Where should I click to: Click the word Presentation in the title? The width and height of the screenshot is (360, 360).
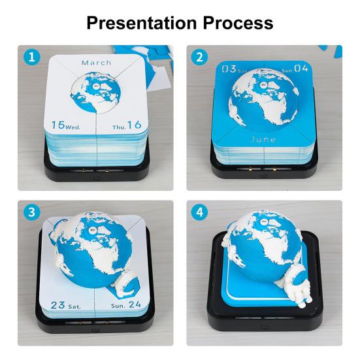[x=142, y=23]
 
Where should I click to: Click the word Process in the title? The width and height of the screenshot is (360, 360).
[x=238, y=23]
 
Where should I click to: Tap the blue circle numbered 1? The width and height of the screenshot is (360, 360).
[x=32, y=57]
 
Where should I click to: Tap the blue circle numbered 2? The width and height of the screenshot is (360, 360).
[x=199, y=57]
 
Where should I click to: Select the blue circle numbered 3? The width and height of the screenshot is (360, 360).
[x=32, y=212]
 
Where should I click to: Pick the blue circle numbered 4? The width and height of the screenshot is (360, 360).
[x=199, y=212]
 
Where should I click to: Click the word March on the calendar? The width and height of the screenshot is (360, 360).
[x=97, y=63]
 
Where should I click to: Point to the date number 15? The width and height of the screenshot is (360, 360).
[x=58, y=125]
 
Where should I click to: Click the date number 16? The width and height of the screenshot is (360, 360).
[x=135, y=125]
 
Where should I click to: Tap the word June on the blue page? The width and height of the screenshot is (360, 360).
[x=263, y=139]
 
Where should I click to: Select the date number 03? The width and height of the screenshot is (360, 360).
[x=229, y=69]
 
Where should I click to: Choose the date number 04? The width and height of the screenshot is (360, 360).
[x=301, y=69]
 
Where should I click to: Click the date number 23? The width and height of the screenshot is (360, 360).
[x=58, y=305]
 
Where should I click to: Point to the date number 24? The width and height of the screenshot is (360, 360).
[x=135, y=304]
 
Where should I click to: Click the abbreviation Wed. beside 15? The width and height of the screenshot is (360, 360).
[x=73, y=127]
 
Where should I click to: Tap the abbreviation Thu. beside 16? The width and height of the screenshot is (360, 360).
[x=119, y=127]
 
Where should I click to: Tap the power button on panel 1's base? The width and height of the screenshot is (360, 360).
[x=97, y=178]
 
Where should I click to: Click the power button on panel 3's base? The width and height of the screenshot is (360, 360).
[x=95, y=330]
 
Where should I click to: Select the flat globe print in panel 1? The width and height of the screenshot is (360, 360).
[x=95, y=92]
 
